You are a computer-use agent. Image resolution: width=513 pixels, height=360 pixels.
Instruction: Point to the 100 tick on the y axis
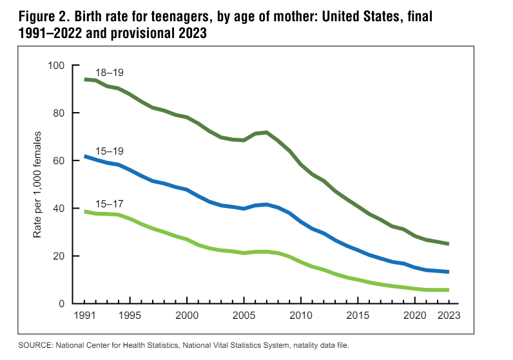point(56,65)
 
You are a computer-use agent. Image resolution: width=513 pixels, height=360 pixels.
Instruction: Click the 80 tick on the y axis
point(59,113)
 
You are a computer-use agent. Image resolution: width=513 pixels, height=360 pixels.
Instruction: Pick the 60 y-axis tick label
point(59,160)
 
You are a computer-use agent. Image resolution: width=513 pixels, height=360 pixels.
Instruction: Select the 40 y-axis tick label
point(59,208)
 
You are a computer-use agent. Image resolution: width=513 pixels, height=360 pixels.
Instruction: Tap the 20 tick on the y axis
point(59,256)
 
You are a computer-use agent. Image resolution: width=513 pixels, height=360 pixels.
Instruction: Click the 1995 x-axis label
point(130,316)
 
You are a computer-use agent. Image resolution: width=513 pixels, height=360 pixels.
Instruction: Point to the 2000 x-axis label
point(186,316)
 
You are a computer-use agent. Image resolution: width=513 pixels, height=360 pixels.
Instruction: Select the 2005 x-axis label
point(243,316)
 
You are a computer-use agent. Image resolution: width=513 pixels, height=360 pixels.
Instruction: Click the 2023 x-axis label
point(447,316)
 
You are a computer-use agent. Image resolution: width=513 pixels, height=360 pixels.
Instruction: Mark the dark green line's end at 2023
point(448,243)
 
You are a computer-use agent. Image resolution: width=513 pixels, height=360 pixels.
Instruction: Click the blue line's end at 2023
point(448,272)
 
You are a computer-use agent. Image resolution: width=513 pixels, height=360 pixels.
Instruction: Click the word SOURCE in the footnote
point(40,346)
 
